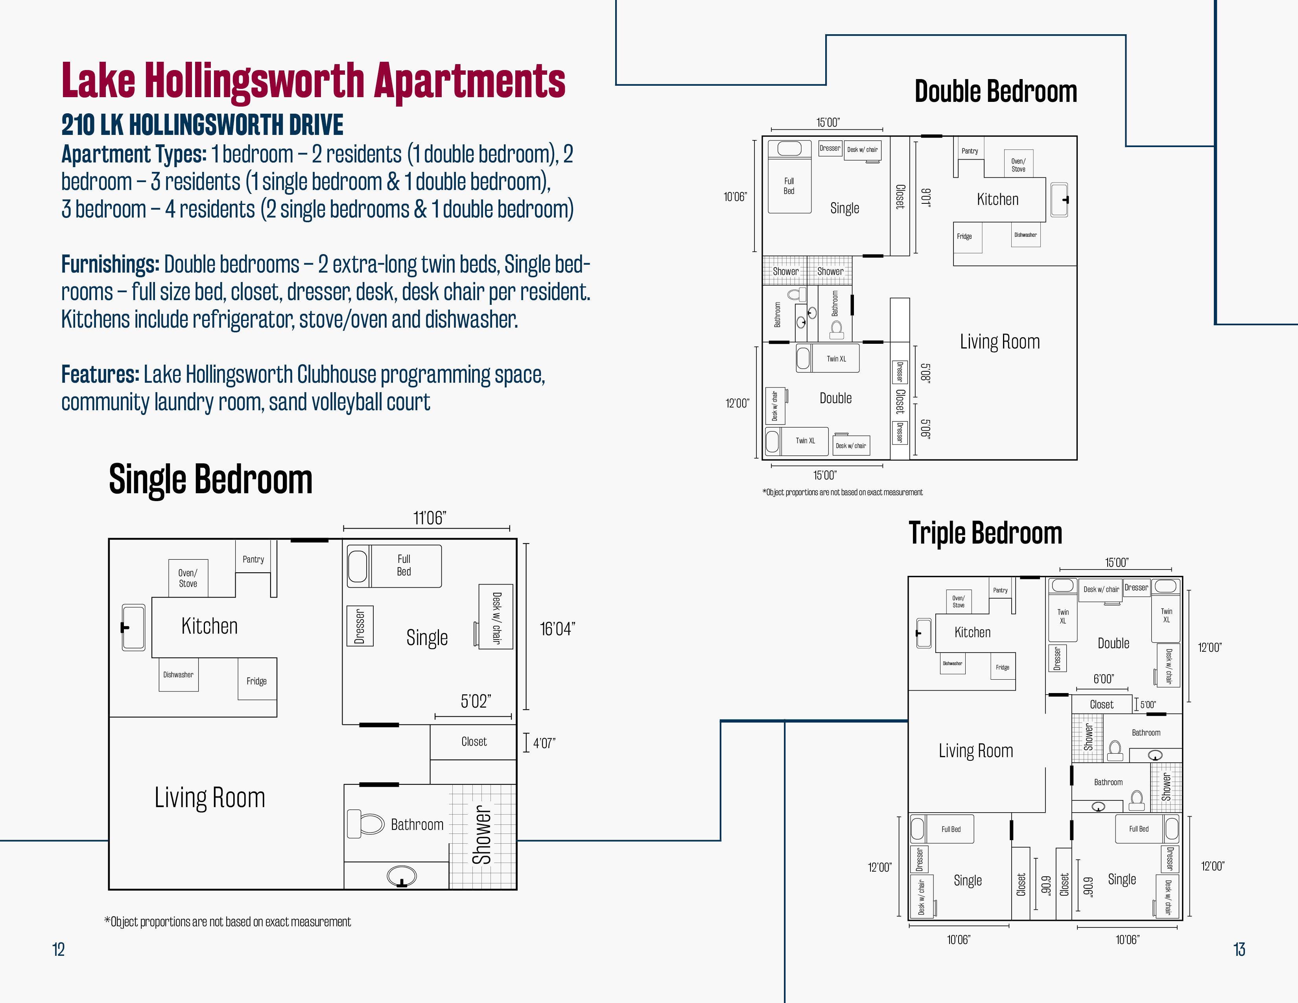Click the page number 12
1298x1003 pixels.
coord(58,949)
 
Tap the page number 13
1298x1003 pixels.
coord(1239,949)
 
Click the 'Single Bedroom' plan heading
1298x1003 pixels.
coord(210,479)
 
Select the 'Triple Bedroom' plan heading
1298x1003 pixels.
coord(985,533)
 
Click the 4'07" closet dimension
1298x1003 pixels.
coord(544,743)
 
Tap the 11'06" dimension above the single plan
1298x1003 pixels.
coord(430,518)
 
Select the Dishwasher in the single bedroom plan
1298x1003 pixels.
coord(178,675)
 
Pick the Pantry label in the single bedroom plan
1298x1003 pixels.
coord(253,559)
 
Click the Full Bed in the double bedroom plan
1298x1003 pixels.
coord(789,177)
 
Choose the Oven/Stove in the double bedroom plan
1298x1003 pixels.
coord(1018,164)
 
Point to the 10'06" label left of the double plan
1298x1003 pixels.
coord(735,197)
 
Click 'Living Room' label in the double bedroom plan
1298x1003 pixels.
coord(999,342)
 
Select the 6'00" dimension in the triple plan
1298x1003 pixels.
coord(1104,678)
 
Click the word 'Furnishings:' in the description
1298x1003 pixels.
coord(111,264)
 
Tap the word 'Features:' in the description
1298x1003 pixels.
coord(100,374)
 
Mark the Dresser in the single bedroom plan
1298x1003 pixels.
coord(360,626)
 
